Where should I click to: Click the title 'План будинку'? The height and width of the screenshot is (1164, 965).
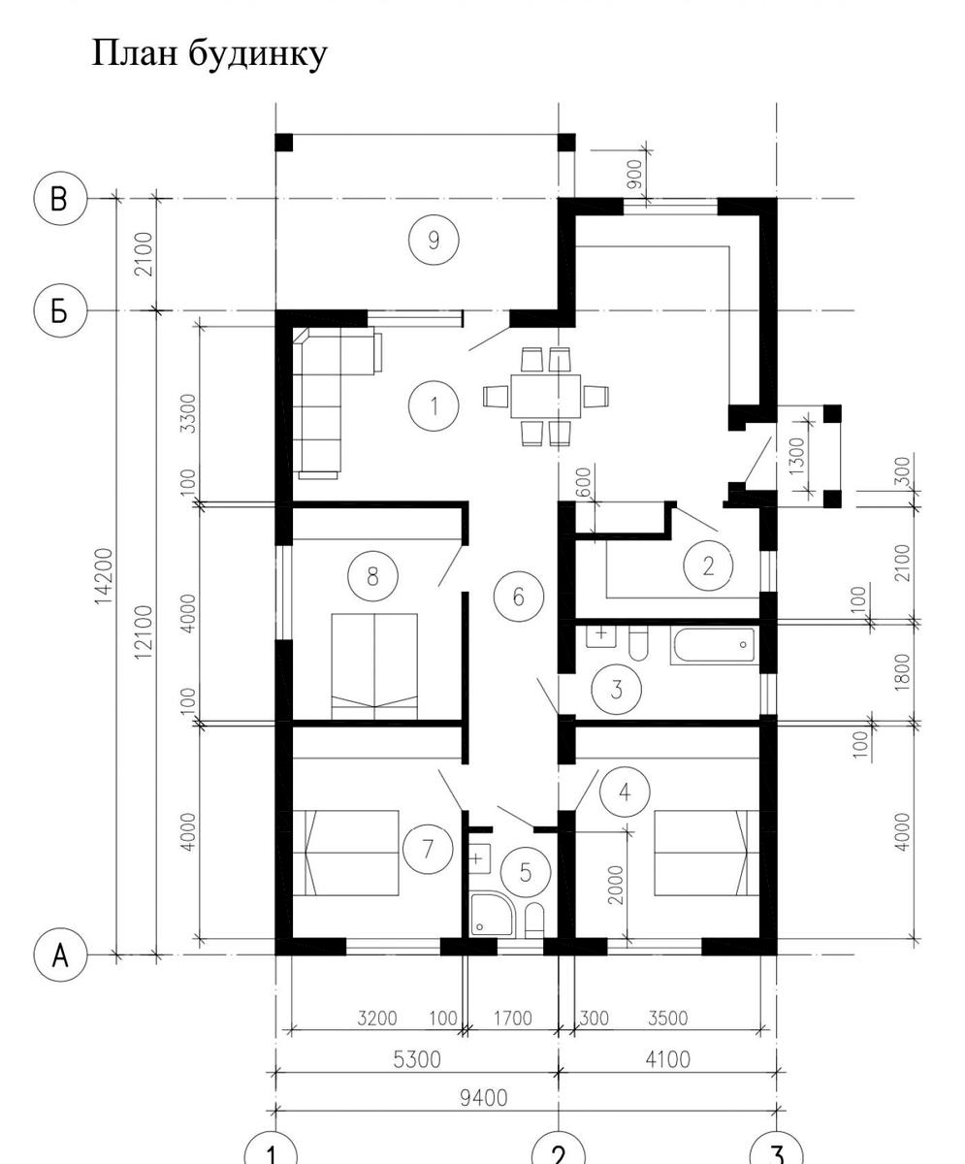(x=209, y=54)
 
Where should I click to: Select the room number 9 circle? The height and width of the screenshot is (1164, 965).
(x=434, y=241)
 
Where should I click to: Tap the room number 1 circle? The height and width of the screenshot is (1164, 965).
(x=434, y=405)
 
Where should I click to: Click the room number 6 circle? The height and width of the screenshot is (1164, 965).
(x=519, y=597)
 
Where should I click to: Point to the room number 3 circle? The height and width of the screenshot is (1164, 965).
(x=616, y=690)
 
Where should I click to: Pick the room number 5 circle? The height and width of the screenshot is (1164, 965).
(x=526, y=872)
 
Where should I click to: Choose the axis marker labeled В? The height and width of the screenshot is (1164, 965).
(x=60, y=199)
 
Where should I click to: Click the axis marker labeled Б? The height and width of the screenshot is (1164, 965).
(x=60, y=310)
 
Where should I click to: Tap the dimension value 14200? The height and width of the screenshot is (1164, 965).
(x=104, y=576)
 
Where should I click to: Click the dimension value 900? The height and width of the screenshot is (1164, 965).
(x=634, y=174)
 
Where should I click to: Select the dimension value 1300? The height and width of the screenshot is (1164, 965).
(x=797, y=456)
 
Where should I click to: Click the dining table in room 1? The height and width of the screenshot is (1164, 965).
(x=545, y=397)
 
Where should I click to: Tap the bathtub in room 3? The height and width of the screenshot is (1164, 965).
(x=714, y=646)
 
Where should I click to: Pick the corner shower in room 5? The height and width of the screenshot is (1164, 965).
(x=491, y=915)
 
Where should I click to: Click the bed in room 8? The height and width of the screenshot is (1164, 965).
(x=374, y=666)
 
